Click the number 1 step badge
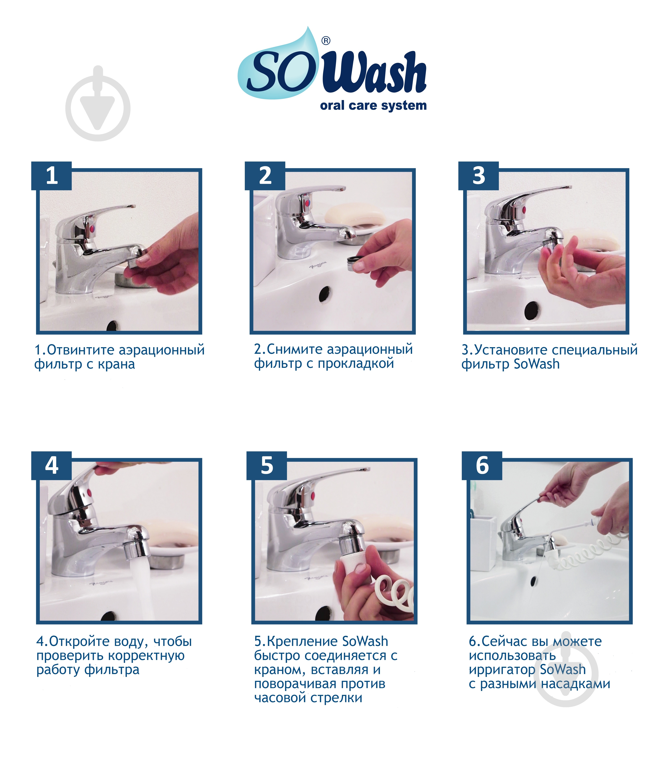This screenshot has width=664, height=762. [52, 176]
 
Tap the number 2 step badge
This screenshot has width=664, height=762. [265, 176]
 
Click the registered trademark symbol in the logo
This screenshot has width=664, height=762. [326, 41]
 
